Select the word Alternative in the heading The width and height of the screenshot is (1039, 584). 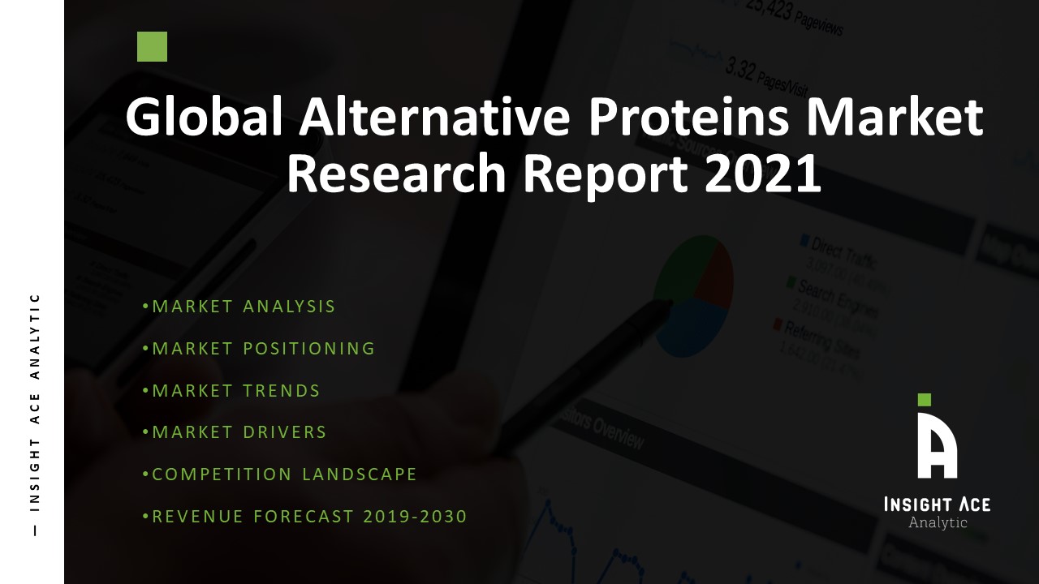[434, 118]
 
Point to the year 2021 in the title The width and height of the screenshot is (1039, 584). [763, 175]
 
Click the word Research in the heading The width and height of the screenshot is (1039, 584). [395, 175]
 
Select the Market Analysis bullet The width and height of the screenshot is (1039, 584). [239, 307]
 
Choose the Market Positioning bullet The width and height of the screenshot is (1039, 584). [259, 349]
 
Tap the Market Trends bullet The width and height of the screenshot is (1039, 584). [231, 391]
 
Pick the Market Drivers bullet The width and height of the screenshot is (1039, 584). [235, 432]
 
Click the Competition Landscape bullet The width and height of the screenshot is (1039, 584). [280, 474]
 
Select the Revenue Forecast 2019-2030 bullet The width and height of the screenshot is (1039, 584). [305, 517]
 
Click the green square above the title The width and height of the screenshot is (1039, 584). [152, 47]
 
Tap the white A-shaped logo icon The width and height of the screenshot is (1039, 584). [937, 445]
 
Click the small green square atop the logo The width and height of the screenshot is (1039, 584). [924, 399]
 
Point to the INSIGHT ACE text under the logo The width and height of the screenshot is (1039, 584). [937, 505]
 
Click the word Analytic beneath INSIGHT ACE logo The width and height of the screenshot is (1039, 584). [938, 522]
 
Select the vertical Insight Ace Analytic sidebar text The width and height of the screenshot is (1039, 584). [34, 414]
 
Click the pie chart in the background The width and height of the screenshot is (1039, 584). [694, 296]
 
